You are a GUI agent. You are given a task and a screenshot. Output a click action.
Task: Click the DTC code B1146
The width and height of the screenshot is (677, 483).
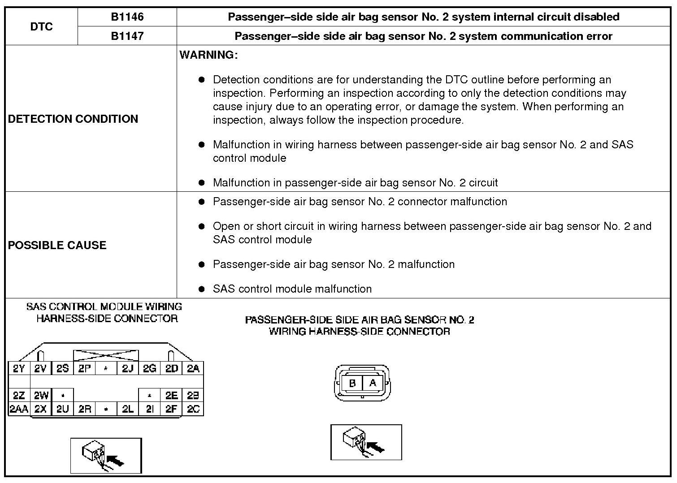(127, 17)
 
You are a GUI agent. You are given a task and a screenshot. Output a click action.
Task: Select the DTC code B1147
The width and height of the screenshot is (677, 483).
(127, 36)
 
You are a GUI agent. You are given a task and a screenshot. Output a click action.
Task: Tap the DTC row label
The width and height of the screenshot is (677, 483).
(41, 26)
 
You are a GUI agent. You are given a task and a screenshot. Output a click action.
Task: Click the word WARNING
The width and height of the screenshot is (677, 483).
(208, 55)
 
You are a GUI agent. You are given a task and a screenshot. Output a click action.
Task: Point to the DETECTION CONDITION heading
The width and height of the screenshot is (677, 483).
(73, 119)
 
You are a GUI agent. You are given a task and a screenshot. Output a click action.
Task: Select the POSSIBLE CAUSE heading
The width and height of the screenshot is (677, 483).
(57, 245)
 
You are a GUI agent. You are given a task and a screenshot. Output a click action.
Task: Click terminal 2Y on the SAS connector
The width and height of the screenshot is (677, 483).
(19, 368)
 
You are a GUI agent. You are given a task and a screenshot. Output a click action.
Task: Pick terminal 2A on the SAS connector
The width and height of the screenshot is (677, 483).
(193, 368)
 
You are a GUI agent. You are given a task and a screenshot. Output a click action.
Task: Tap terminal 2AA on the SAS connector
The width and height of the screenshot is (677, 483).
(19, 409)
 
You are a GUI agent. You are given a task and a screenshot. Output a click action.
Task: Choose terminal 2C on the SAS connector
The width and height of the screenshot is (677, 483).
(193, 409)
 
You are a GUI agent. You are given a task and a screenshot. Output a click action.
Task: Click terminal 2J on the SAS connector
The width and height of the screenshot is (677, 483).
(127, 368)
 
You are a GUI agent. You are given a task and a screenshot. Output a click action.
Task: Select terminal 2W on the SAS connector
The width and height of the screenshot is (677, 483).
(41, 395)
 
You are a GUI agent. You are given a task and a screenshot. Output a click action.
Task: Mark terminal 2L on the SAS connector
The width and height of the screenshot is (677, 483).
(127, 409)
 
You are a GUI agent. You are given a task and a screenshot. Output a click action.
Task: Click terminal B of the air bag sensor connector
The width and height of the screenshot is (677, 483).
(352, 384)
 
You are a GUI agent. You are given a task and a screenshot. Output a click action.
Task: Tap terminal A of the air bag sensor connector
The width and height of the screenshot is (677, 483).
(373, 383)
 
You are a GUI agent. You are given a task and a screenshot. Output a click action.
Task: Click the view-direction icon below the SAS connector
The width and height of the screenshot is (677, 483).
(106, 456)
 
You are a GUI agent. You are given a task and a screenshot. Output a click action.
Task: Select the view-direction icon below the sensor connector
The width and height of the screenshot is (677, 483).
(366, 442)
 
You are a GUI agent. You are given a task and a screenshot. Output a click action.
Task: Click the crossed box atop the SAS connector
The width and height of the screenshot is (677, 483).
(106, 355)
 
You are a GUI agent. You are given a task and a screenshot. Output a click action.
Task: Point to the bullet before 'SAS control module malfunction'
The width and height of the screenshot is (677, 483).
(202, 289)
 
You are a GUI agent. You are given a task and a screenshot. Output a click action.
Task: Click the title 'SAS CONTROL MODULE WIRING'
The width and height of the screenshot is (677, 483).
(104, 306)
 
